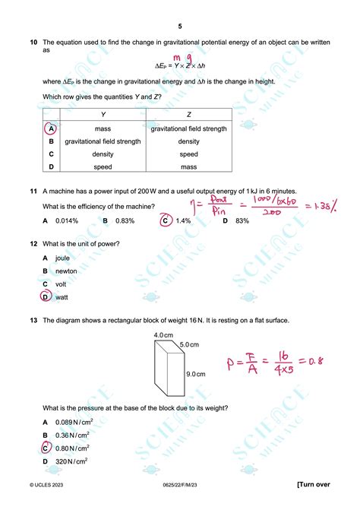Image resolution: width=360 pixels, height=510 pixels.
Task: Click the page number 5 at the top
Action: (180, 25)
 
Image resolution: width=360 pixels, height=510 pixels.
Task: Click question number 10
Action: (33, 43)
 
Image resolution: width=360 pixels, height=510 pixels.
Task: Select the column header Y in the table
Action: (103, 115)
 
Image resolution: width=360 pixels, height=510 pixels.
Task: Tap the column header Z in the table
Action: (188, 115)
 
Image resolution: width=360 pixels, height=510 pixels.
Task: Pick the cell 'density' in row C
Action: (103, 154)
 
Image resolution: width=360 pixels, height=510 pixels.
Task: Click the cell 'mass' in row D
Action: (188, 166)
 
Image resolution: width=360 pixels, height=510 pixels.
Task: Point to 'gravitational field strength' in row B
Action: (103, 141)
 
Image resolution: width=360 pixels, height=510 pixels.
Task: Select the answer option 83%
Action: (242, 220)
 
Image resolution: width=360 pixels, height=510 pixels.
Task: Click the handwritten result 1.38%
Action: (331, 206)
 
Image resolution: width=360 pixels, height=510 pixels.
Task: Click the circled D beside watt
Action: (46, 297)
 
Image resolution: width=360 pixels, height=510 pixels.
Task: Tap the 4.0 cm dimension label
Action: (163, 335)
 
